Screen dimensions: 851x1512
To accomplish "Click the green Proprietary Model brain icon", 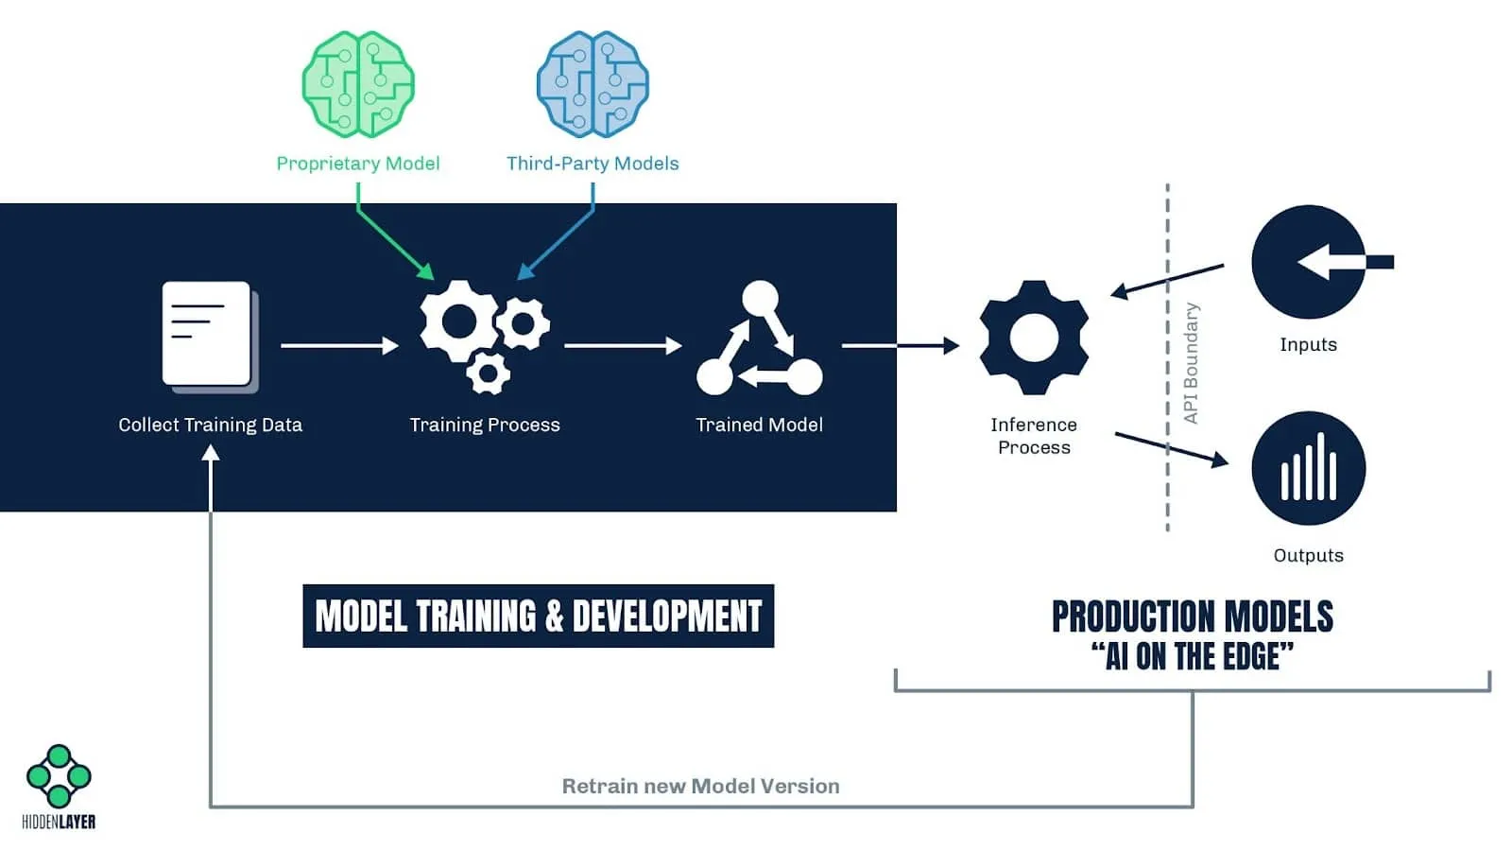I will point(358,84).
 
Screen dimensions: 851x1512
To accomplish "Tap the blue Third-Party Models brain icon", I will point(593,84).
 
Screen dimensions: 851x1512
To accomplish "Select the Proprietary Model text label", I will point(358,164).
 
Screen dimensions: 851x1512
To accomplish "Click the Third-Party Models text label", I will point(593,164).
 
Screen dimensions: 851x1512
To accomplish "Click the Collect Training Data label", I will point(210,425).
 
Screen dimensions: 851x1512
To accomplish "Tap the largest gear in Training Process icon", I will point(458,321).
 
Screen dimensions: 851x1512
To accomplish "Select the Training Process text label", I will point(485,425).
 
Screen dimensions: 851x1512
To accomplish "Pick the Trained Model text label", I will point(760,425).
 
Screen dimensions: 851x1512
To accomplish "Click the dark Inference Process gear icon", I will point(1034,338).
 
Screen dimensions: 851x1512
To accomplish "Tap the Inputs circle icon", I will point(1309,262).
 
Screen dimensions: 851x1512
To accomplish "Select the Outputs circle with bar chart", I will point(1309,468).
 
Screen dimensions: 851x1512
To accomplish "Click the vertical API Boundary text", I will point(1191,363).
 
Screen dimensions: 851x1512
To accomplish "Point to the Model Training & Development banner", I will point(538,617).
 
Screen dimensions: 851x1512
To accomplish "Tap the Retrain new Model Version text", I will point(700,787).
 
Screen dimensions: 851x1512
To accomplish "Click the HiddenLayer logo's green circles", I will point(59,775).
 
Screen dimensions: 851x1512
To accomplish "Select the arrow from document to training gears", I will point(339,346).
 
